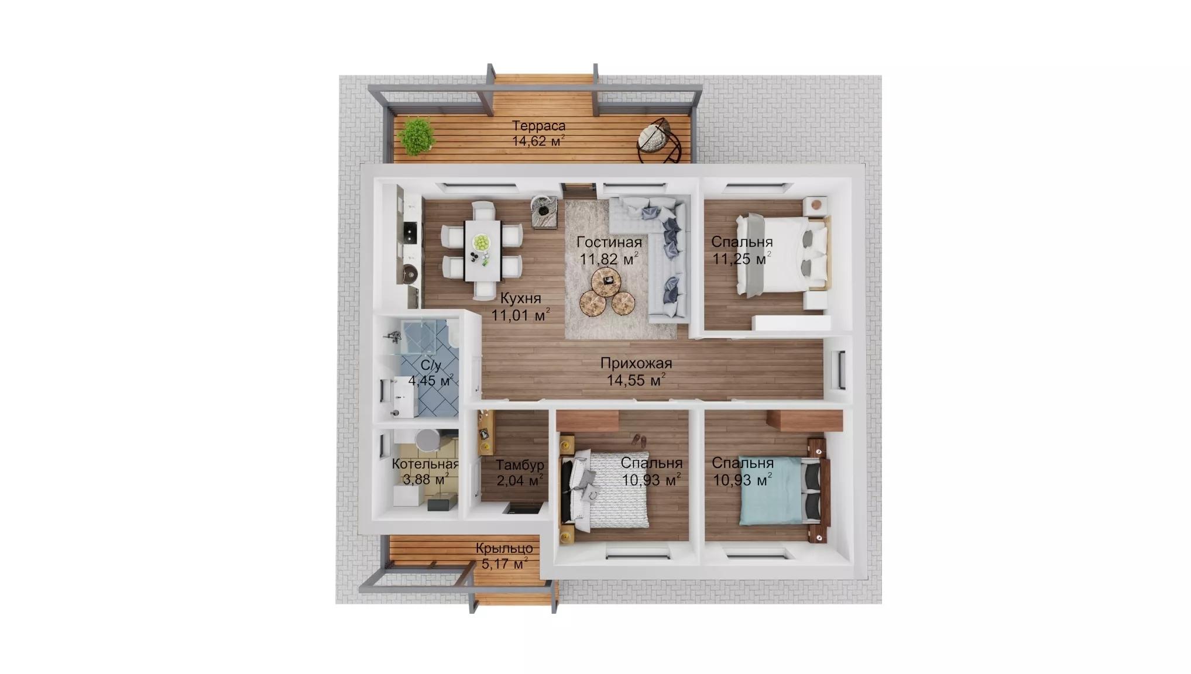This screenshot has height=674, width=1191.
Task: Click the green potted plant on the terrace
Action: point(417,137)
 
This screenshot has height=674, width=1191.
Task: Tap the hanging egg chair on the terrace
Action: point(660,142)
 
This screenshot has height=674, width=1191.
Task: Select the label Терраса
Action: point(539,126)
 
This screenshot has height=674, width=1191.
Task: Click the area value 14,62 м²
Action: point(538,141)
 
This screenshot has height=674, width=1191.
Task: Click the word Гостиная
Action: point(609,242)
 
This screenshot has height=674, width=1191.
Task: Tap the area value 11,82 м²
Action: point(609,259)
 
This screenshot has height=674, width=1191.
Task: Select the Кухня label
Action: point(521,298)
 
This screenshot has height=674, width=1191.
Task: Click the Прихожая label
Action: point(636,363)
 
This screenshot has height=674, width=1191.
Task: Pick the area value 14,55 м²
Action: point(636,380)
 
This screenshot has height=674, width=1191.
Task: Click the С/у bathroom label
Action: point(431,366)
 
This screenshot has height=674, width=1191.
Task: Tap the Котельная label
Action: point(425,464)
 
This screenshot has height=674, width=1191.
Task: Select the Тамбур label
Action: point(520,465)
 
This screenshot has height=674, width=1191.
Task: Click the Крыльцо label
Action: point(504,549)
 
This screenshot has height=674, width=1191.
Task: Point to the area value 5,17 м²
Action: point(504,564)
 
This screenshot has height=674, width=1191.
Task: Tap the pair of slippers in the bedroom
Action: point(640,439)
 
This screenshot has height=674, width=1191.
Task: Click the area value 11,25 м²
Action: point(742,259)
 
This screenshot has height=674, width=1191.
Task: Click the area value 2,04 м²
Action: point(520,481)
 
